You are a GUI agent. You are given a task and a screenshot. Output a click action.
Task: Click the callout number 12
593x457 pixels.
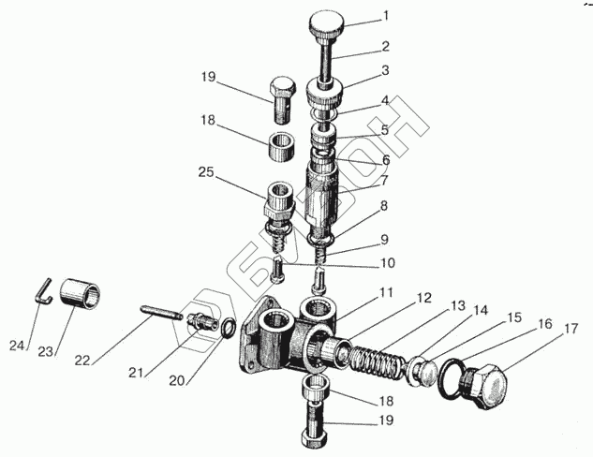425,298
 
